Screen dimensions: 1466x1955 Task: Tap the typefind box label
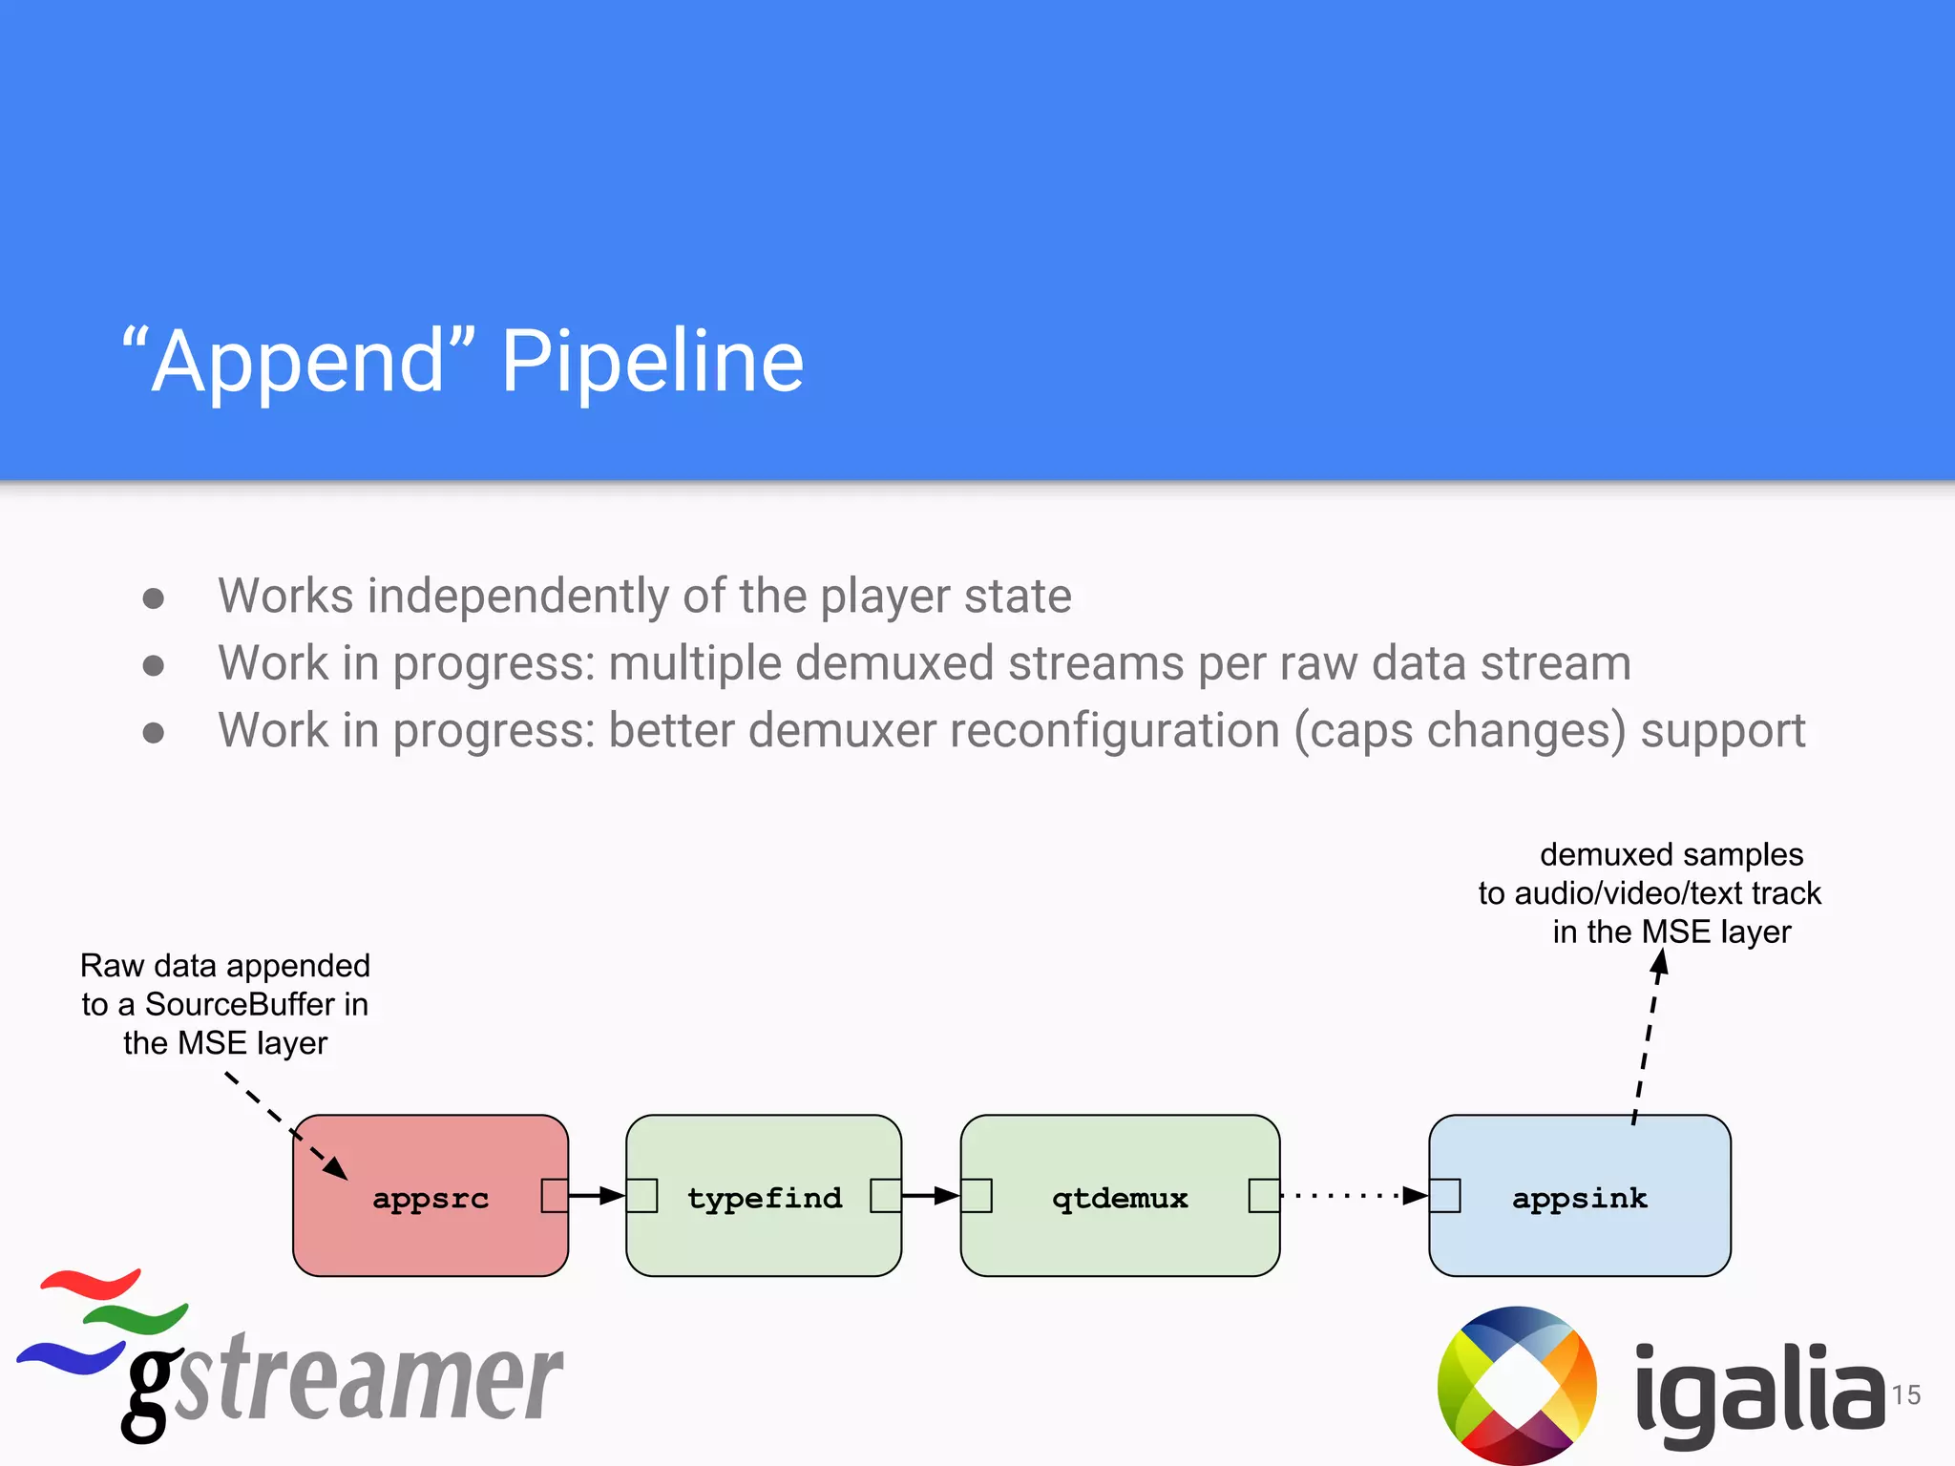click(x=765, y=1198)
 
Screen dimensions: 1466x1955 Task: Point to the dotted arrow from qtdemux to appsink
click(x=1351, y=1195)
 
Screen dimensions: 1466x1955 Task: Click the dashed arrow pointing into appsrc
click(x=286, y=1126)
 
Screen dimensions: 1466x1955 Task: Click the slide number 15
click(x=1905, y=1395)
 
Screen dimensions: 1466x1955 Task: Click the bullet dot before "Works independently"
click(x=153, y=598)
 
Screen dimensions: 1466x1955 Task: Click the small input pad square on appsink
click(x=1445, y=1195)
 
